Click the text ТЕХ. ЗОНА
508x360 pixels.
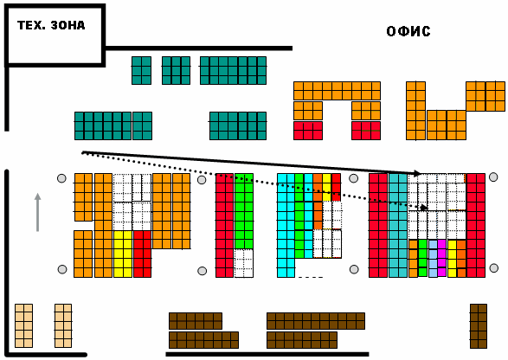tap(51, 25)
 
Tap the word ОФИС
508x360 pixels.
tap(408, 31)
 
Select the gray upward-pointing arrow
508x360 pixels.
tap(37, 212)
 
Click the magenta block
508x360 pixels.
tap(442, 258)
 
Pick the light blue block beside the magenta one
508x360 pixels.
tap(434, 258)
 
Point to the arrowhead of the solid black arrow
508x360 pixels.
tap(417, 173)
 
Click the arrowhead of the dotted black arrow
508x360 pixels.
tap(423, 208)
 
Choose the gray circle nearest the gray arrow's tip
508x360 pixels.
tap(61, 178)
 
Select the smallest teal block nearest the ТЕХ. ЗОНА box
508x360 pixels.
tap(141, 71)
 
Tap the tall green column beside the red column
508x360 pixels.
tap(244, 211)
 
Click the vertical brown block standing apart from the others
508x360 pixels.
tap(479, 326)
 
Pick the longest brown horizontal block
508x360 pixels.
tap(316, 321)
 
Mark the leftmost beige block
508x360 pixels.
tap(24, 325)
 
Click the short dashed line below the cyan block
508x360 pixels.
tap(311, 278)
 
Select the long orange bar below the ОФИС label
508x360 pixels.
tap(337, 91)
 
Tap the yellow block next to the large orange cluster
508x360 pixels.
tap(123, 254)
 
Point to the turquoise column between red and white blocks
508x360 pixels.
tap(398, 226)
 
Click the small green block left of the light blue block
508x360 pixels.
tap(422, 258)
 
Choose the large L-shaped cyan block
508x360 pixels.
tap(286, 226)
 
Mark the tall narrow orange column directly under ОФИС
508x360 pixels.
tap(415, 111)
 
